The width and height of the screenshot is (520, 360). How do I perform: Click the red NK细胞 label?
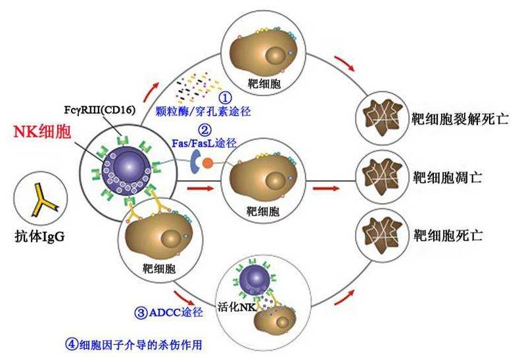pos(42,131)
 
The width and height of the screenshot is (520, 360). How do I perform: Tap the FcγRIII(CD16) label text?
pos(100,110)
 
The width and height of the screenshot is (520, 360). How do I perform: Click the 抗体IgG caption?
pos(40,236)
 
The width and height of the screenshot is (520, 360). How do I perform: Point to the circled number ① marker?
pos(225,98)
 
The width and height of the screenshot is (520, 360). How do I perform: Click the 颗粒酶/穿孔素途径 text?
pos(203,112)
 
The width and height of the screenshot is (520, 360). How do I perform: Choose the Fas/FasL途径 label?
pos(204,143)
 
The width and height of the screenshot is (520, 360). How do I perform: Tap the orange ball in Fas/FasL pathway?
pos(208,163)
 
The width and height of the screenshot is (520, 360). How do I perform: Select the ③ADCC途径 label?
pos(168,313)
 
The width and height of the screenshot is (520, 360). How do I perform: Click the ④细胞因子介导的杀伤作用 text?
pos(133,345)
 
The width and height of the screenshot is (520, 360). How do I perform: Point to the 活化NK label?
pos(237,307)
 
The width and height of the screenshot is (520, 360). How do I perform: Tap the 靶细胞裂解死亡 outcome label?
pos(460,119)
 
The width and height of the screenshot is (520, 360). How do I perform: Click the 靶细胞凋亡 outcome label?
pos(447,177)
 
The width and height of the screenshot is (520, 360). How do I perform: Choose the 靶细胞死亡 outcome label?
pos(447,236)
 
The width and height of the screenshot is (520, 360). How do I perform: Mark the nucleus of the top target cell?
pos(275,55)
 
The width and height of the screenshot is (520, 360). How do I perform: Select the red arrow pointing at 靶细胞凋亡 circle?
pos(326,189)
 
